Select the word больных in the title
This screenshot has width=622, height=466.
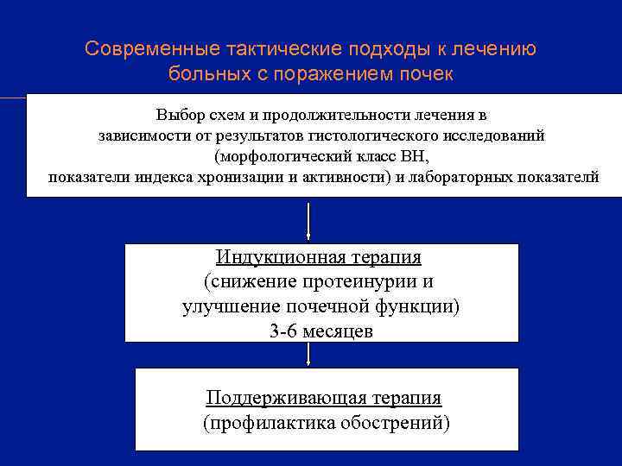[204, 73]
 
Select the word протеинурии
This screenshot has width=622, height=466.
[365, 282]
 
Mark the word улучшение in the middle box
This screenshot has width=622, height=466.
[227, 307]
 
